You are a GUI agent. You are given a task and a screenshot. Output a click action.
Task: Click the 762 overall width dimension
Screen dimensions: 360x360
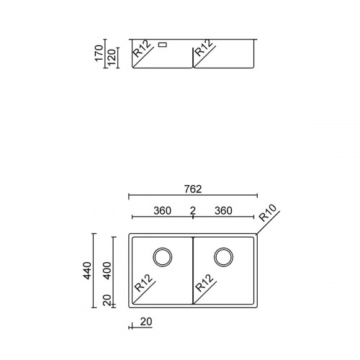pyautogui.click(x=193, y=189)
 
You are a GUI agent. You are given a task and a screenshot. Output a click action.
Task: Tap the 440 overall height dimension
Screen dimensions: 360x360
pyautogui.click(x=87, y=271)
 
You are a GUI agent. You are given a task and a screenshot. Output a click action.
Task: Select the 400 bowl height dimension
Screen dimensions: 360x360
pyautogui.click(x=107, y=271)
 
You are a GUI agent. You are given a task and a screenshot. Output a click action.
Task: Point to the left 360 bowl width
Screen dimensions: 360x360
pyautogui.click(x=163, y=211)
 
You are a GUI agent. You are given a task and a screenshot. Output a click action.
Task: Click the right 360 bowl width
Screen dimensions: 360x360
pyautogui.click(x=223, y=211)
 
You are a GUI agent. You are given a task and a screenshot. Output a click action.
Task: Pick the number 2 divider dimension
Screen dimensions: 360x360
pyautogui.click(x=193, y=211)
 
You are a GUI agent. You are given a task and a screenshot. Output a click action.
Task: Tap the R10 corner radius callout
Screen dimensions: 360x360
pyautogui.click(x=268, y=213)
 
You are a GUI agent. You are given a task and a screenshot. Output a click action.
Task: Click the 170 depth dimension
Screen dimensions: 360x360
pyautogui.click(x=99, y=53)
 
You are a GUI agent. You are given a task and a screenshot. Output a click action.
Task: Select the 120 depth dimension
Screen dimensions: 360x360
pyautogui.click(x=112, y=58)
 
